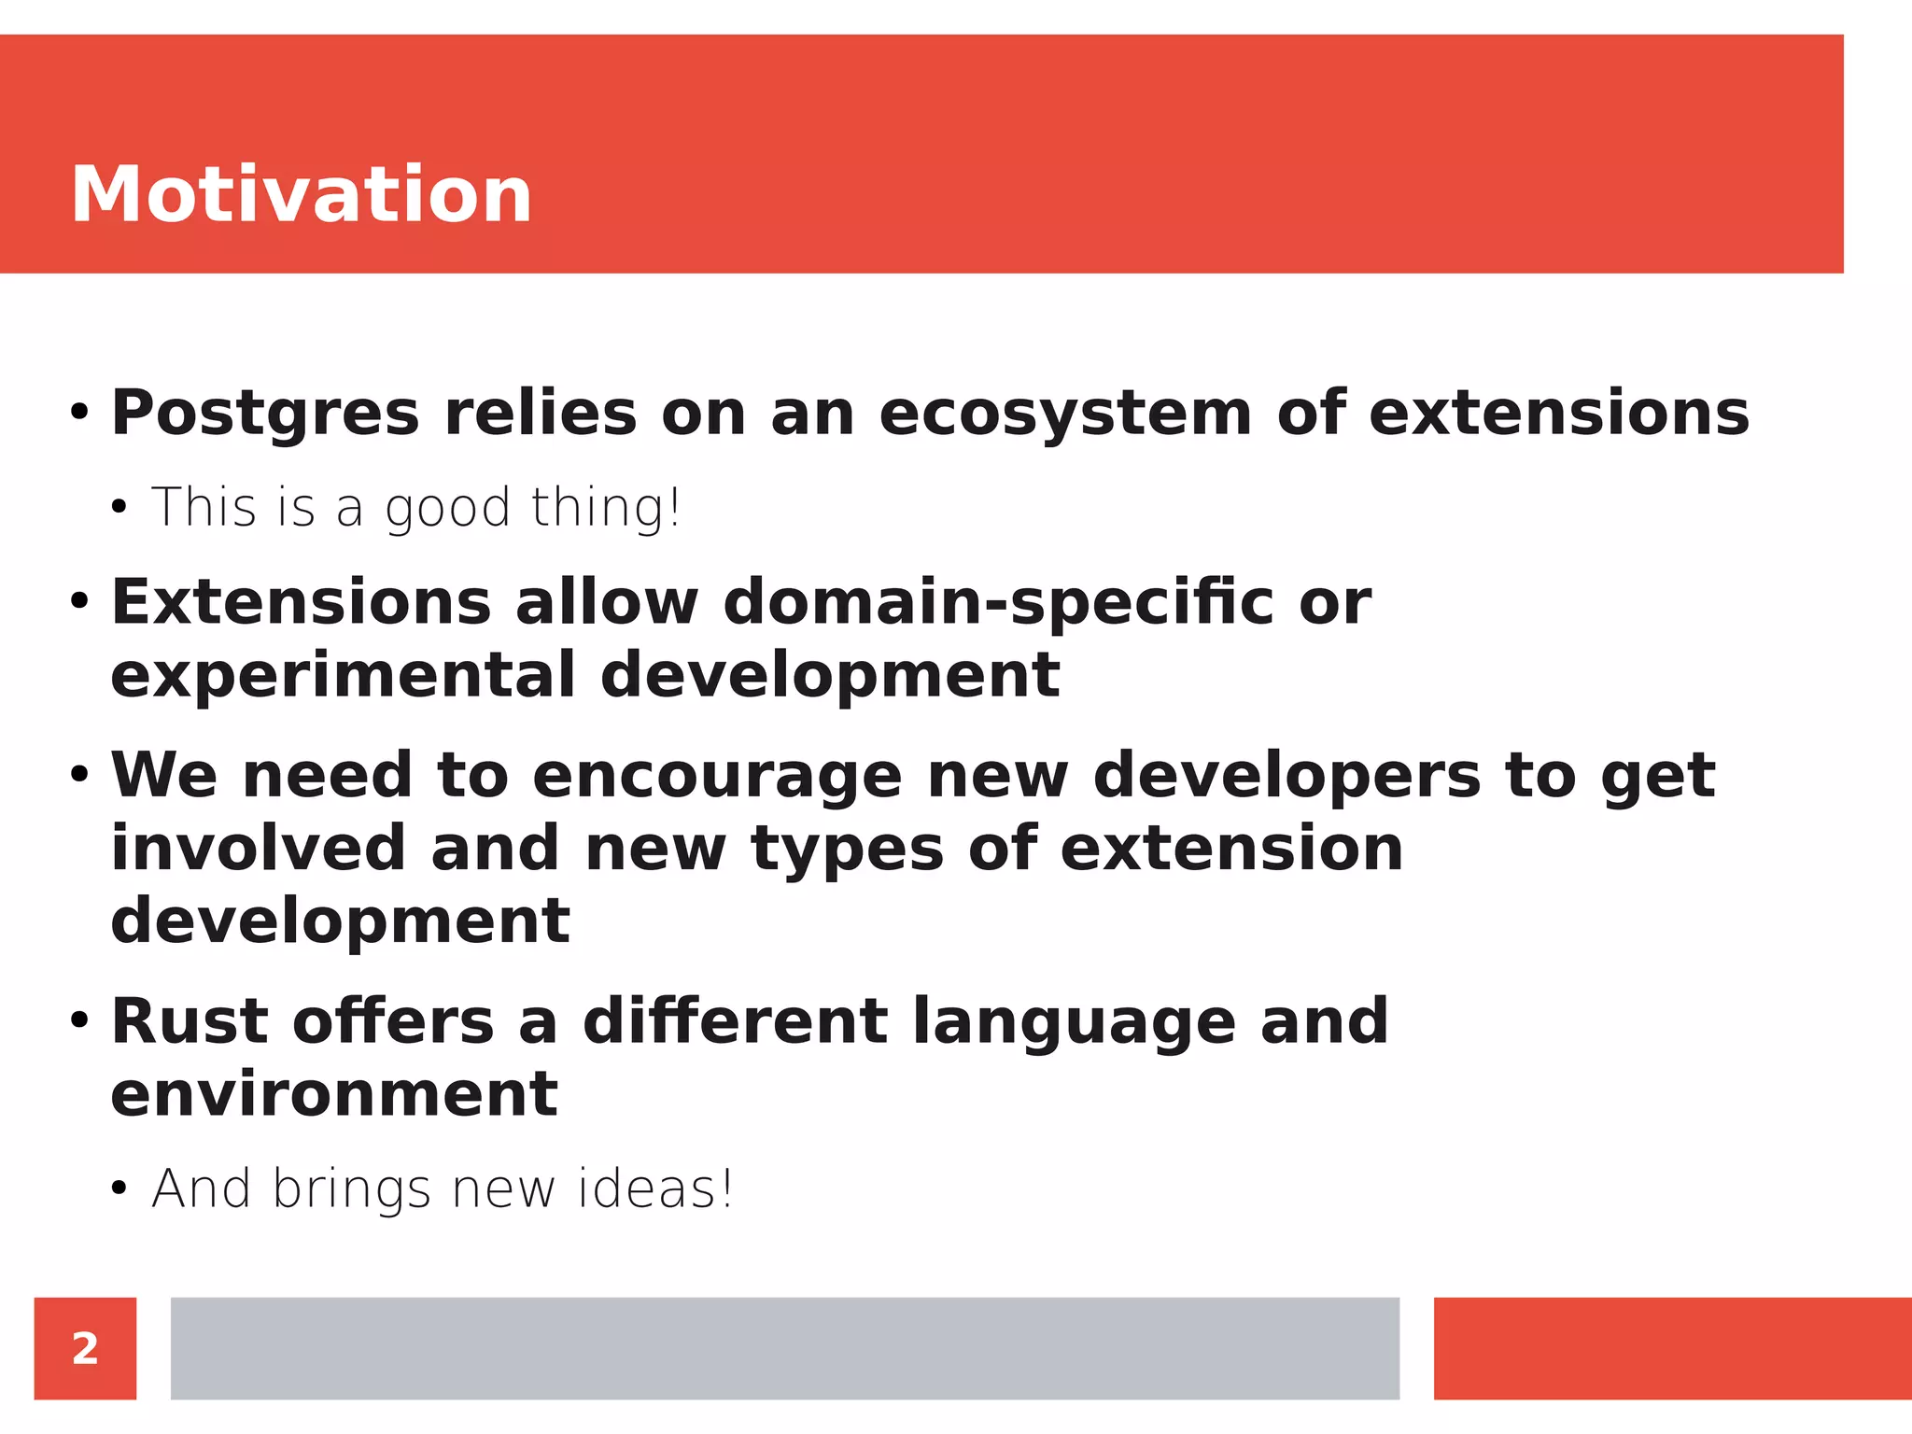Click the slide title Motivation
coord(301,194)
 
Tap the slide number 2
coord(85,1348)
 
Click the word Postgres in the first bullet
coord(265,414)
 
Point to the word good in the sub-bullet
coord(447,510)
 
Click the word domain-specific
coord(998,603)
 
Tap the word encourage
coord(717,776)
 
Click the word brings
coord(351,1191)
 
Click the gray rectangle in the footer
coord(784,1348)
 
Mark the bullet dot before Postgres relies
coord(79,412)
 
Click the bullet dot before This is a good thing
coord(119,508)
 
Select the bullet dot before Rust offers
coord(79,1019)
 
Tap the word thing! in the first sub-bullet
coord(606,510)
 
